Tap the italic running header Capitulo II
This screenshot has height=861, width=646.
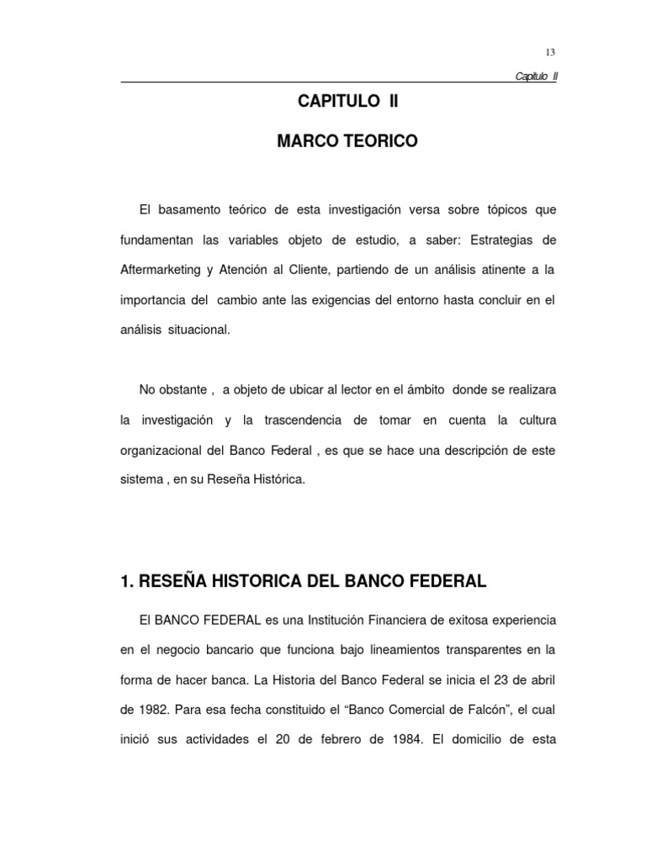point(536,77)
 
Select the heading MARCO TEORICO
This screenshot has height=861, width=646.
point(347,142)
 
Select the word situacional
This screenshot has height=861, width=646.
point(197,330)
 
